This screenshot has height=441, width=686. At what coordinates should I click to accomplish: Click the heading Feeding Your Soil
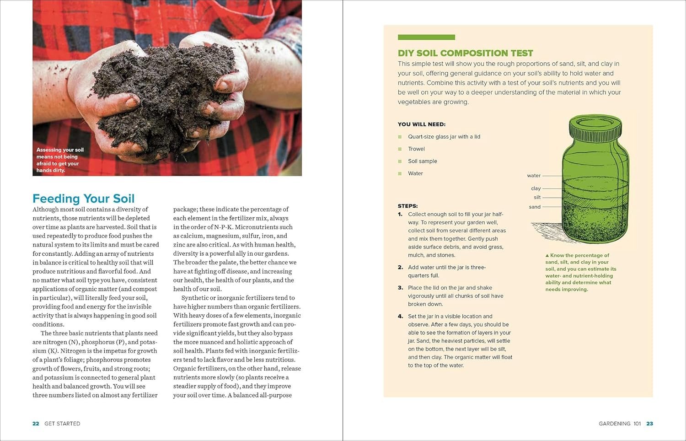83,199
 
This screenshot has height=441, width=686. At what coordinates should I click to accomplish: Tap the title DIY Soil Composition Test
465,53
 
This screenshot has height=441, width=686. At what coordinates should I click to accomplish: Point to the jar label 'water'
533,176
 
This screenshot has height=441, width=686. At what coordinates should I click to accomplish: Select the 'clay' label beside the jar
536,188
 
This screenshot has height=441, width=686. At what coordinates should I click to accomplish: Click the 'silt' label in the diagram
537,198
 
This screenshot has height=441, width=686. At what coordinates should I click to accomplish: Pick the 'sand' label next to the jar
535,207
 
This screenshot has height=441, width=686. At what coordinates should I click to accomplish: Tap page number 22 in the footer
36,424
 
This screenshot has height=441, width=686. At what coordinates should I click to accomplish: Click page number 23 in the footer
649,424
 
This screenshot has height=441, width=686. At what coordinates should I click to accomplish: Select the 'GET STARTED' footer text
62,424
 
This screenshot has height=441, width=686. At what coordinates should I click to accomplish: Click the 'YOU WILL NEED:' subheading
421,124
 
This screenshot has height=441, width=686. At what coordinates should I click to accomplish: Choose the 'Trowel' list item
416,149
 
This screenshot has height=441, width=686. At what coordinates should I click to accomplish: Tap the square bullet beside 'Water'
400,174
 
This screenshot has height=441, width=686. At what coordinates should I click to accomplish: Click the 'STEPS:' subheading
407,206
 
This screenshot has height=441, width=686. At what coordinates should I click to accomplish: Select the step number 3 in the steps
400,288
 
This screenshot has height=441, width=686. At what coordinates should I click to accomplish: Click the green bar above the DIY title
426,38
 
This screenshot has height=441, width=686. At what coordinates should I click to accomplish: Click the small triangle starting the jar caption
547,256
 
